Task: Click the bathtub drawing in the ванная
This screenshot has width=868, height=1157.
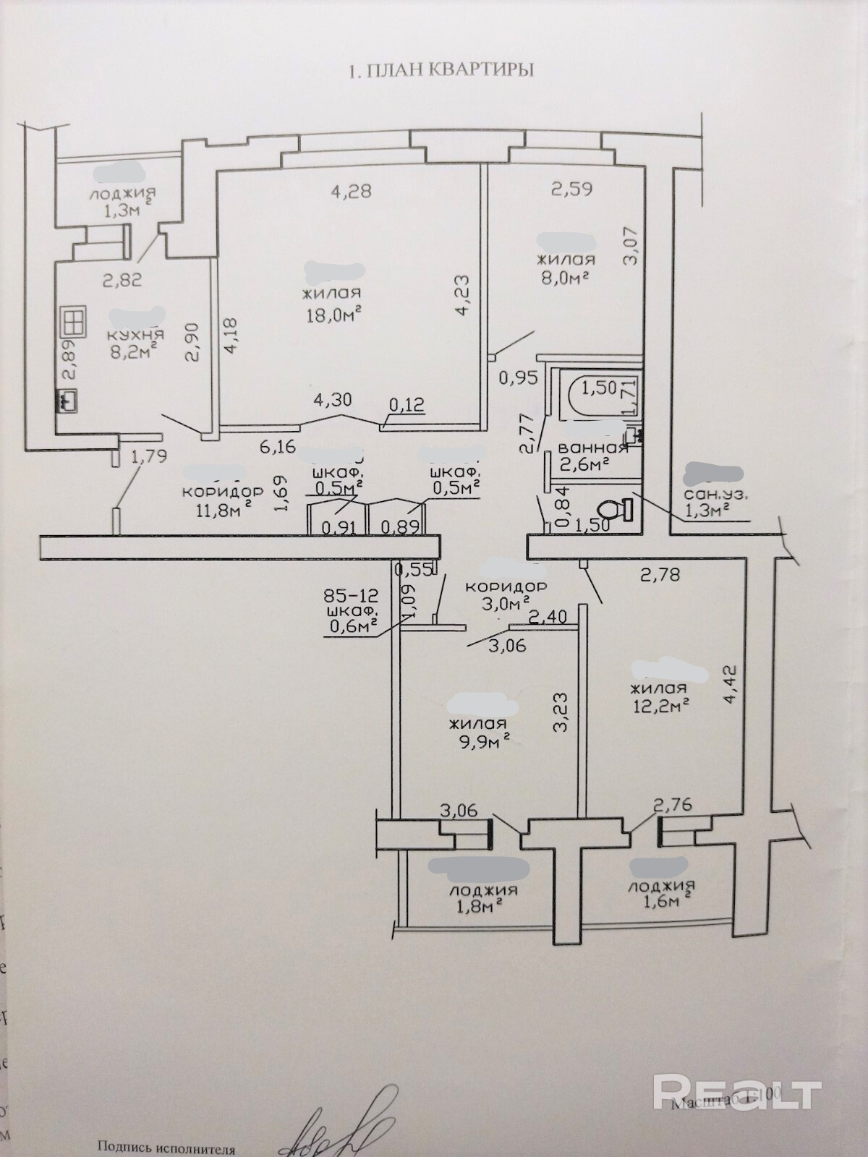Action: (x=593, y=395)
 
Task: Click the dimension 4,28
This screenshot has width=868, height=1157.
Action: (x=351, y=192)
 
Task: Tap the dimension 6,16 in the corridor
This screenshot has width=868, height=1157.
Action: (x=277, y=446)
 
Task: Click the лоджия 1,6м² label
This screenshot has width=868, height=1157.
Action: (x=660, y=894)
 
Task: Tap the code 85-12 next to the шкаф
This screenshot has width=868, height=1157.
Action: (x=352, y=597)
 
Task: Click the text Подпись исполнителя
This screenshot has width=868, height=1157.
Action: (x=166, y=1148)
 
